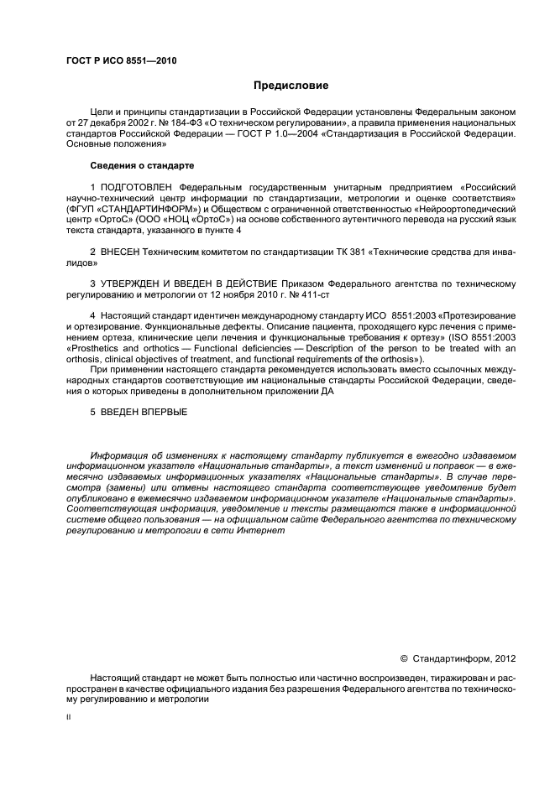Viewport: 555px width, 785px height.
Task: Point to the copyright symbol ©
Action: (x=404, y=658)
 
